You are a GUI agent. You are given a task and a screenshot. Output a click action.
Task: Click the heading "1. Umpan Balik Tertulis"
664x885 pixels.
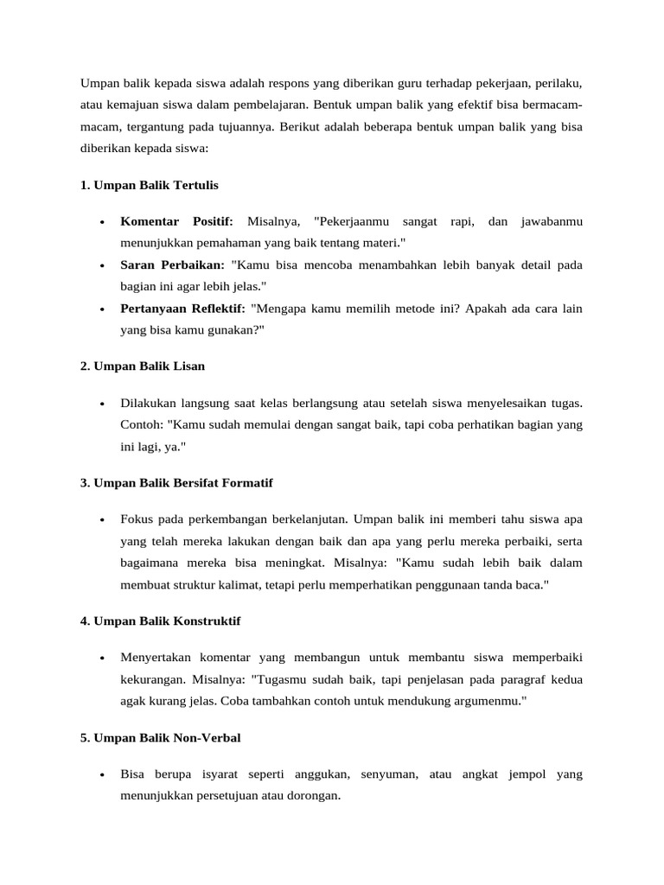point(150,185)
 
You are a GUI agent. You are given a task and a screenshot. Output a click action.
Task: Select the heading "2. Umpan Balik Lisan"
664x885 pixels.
point(143,366)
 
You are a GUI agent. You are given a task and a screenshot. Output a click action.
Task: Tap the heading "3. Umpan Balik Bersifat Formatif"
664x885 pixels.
point(176,482)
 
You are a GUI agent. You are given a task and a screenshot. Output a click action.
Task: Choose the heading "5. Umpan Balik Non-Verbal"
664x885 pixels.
point(161,737)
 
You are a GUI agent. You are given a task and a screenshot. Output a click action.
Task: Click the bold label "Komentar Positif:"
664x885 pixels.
point(177,222)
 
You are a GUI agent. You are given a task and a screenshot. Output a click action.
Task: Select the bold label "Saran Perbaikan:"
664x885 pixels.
point(172,264)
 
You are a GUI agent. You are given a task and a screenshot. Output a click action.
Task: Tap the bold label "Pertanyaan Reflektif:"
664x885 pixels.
point(182,307)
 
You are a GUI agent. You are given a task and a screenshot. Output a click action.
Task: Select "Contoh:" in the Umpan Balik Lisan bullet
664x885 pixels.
point(141,424)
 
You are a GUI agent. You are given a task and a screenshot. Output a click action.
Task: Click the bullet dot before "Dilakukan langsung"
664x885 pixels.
point(102,404)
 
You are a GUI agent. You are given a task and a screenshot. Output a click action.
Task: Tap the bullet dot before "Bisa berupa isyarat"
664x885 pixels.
point(102,775)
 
